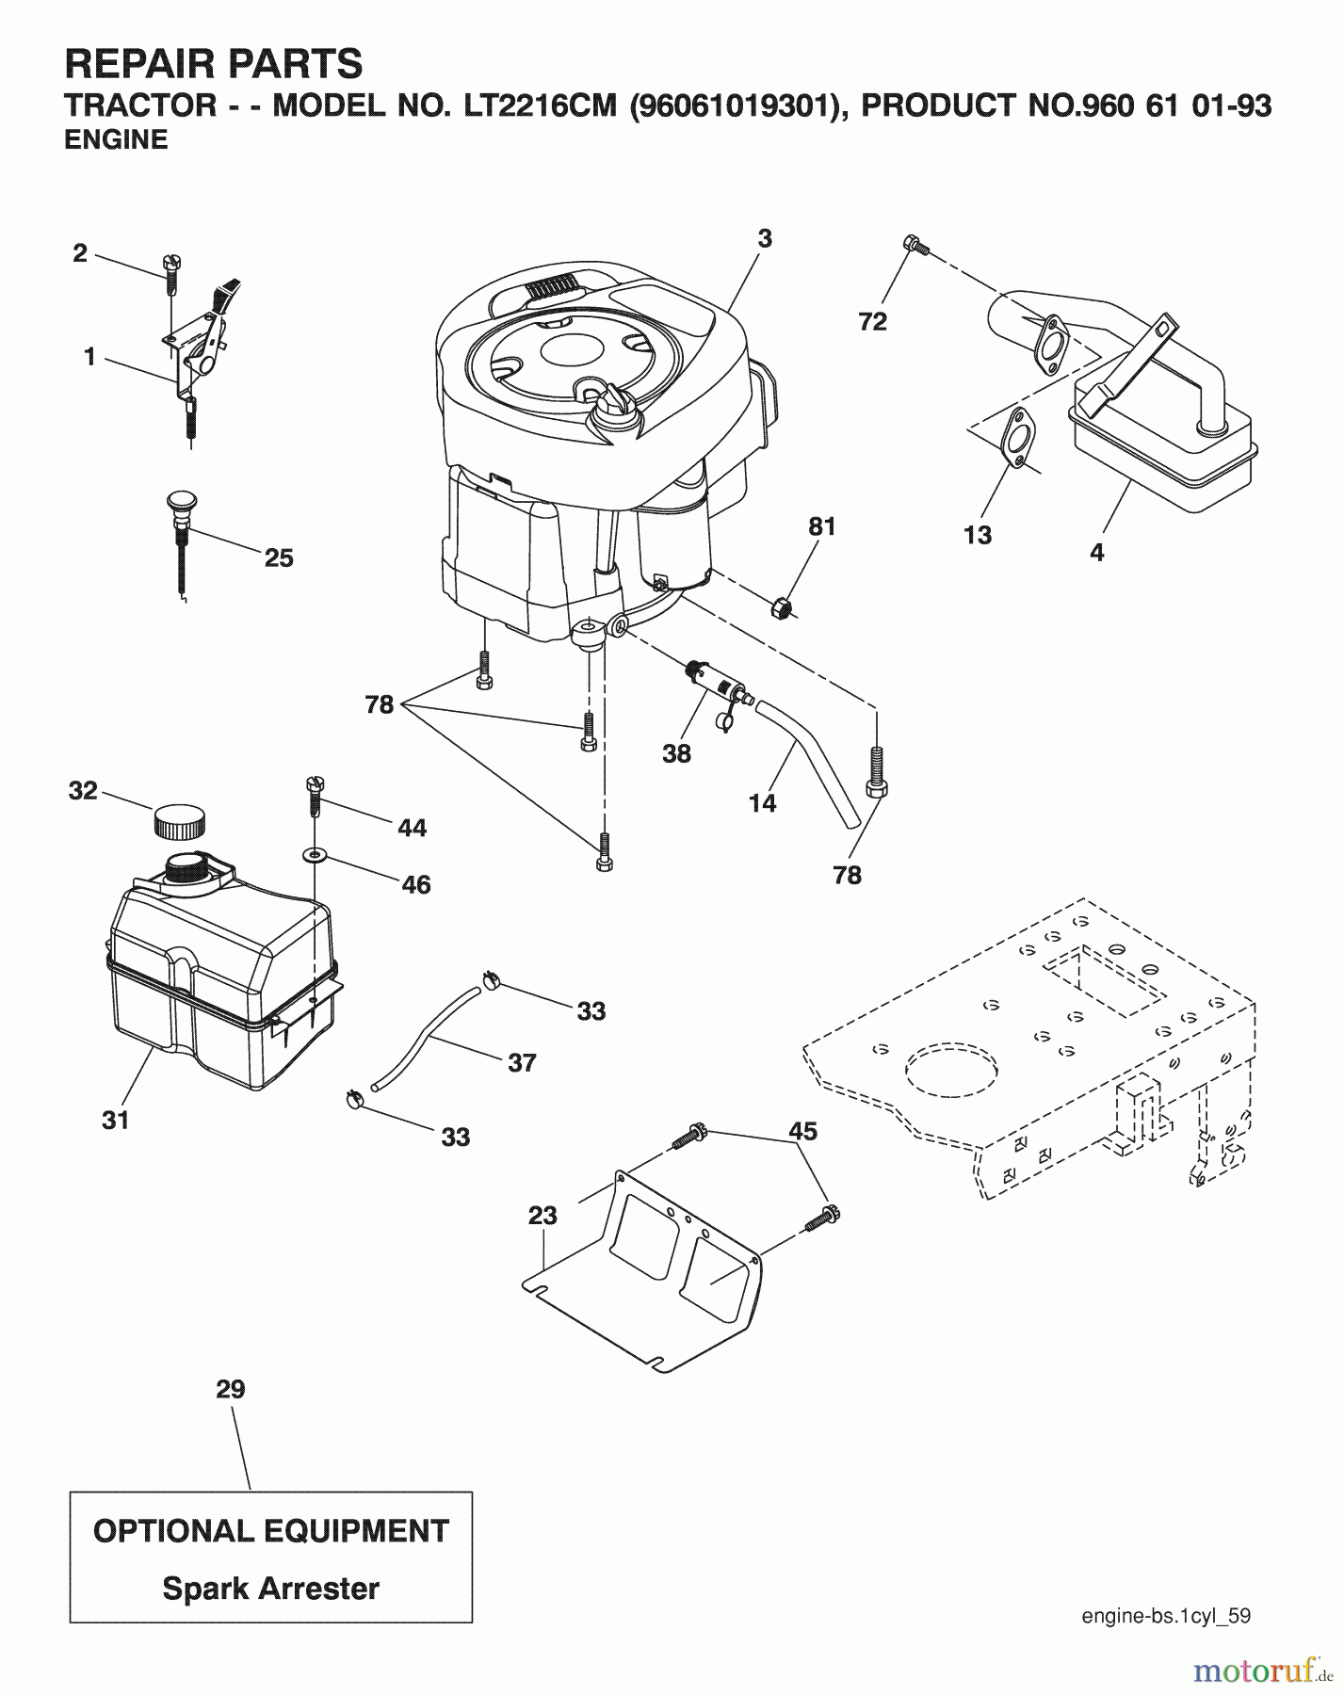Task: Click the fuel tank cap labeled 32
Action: pyautogui.click(x=178, y=820)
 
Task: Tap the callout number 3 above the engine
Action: pyautogui.click(x=764, y=239)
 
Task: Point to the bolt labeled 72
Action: pyautogui.click(x=915, y=246)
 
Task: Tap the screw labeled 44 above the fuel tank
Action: pyautogui.click(x=315, y=795)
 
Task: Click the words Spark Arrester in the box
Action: pyautogui.click(x=270, y=1589)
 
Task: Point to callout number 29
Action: pyautogui.click(x=231, y=1389)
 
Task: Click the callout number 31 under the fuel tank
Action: pyautogui.click(x=116, y=1120)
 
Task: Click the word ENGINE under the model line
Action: pyautogui.click(x=116, y=139)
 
